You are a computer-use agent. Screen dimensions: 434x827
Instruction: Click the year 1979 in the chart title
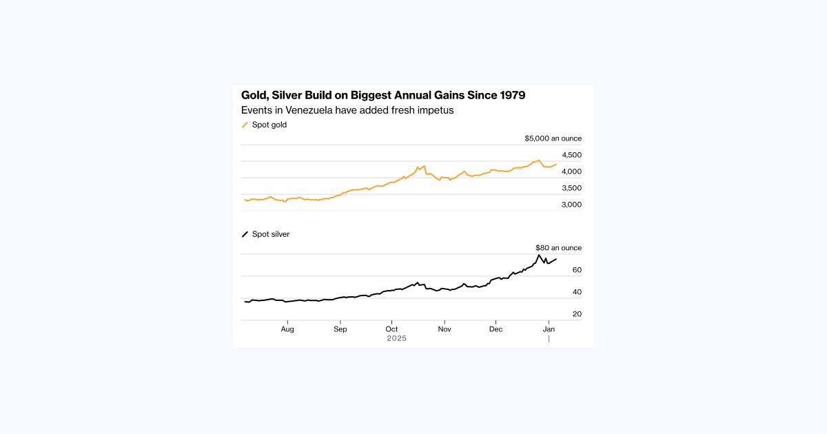tap(510, 95)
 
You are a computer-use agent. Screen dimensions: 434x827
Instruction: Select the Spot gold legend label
tap(269, 125)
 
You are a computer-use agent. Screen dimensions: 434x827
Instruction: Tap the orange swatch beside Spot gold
tap(245, 125)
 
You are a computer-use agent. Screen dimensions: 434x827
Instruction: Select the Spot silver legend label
tap(271, 234)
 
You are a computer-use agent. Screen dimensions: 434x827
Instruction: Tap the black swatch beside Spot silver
tap(245, 234)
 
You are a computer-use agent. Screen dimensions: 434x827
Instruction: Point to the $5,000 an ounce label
tap(553, 138)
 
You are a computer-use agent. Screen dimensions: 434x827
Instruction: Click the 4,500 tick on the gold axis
tap(571, 155)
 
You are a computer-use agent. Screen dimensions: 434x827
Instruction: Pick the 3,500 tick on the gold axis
tap(571, 188)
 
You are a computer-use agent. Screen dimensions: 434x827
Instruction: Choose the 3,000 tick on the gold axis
tap(571, 205)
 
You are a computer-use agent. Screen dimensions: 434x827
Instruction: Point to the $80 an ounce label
tap(558, 248)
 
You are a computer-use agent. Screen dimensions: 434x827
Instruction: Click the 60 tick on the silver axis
tap(577, 270)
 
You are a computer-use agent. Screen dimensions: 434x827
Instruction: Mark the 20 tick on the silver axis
tap(577, 314)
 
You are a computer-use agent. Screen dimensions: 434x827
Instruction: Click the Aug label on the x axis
tap(287, 329)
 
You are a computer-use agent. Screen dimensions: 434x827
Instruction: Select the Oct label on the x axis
tap(391, 329)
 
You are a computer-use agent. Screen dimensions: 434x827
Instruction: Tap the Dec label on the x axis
tap(496, 329)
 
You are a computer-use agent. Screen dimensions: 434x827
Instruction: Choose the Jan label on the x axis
tap(549, 329)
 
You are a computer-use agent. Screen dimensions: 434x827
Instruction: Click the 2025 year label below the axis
tap(396, 338)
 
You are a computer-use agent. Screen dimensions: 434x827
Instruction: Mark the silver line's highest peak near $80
tap(539, 255)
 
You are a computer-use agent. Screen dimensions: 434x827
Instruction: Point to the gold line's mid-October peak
tap(418, 166)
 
